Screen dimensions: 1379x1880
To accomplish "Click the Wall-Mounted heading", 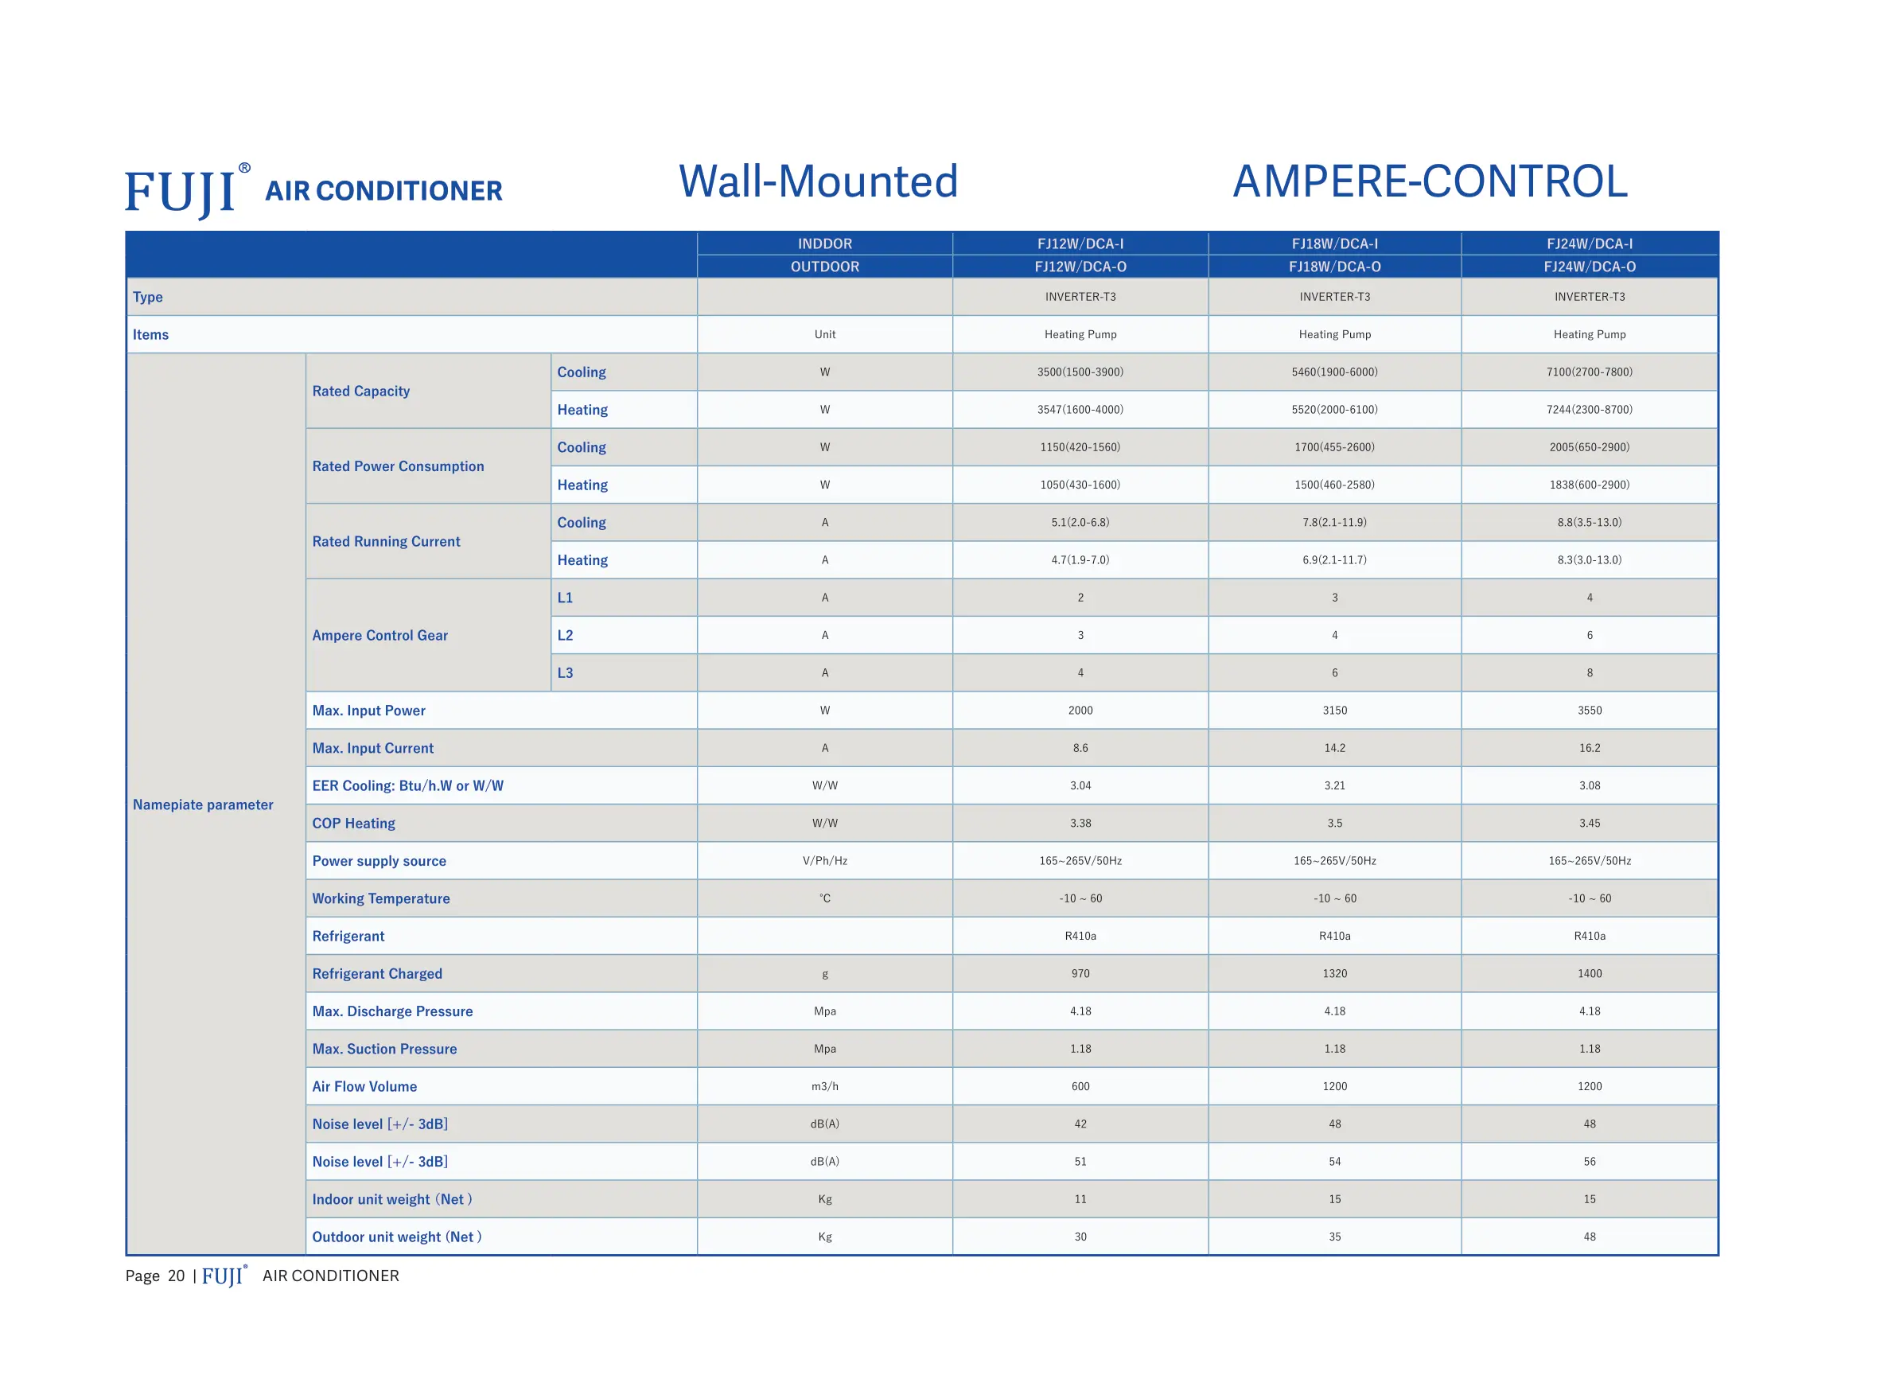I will click(x=818, y=182).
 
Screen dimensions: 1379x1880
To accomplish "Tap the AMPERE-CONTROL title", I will click(x=1430, y=182).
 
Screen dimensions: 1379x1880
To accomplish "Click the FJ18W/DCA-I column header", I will click(x=1334, y=243).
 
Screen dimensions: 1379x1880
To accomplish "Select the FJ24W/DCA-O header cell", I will click(x=1589, y=267).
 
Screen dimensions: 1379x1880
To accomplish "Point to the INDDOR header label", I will click(x=824, y=243).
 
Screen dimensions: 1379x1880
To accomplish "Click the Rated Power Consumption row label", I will click(x=398, y=466).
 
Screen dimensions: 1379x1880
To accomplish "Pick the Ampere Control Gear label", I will click(x=380, y=635).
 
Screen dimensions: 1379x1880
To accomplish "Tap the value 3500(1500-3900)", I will click(x=1080, y=372).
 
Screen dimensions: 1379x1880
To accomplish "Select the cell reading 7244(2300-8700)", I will click(x=1589, y=410).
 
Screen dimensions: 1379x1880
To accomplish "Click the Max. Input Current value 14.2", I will click(x=1334, y=748).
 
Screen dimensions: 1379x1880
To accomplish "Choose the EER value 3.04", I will click(x=1080, y=785).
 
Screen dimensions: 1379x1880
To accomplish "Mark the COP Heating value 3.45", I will click(x=1589, y=823).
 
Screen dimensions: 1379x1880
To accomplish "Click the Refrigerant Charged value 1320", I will click(x=1334, y=973).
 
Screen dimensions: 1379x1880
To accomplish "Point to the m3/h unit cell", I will click(x=824, y=1086).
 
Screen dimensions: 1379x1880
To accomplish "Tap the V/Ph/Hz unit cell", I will click(x=824, y=861).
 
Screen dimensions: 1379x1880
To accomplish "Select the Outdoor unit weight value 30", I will click(x=1080, y=1237).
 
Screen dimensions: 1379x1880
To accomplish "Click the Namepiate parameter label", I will click(x=203, y=804).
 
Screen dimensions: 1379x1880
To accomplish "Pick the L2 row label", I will click(x=565, y=635).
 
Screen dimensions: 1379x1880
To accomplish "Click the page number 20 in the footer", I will click(x=176, y=1276).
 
